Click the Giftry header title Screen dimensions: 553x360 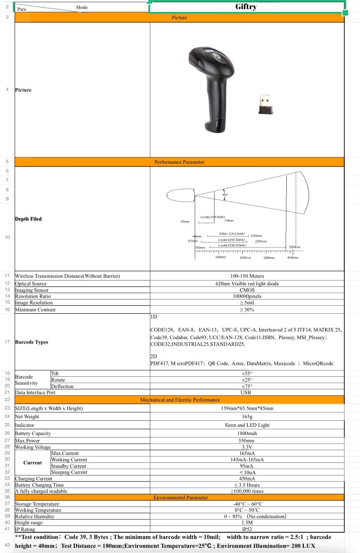pyautogui.click(x=246, y=7)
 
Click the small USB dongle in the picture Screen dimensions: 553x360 pyautogui.click(x=266, y=104)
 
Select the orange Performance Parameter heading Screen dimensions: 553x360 pyautogui.click(x=179, y=162)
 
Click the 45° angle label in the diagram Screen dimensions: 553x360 pyautogui.click(x=225, y=194)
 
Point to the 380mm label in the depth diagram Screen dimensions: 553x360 pyautogui.click(x=294, y=247)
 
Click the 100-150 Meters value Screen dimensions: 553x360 pyautogui.click(x=247, y=276)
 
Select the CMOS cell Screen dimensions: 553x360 pyautogui.click(x=247, y=290)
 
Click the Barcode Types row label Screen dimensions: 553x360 pyautogui.click(x=32, y=342)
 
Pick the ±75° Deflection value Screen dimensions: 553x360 pyautogui.click(x=247, y=386)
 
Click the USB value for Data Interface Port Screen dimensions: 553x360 pyautogui.click(x=246, y=392)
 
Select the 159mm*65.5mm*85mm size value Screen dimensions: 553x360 pyautogui.click(x=247, y=408)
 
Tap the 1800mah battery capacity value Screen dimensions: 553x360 pyautogui.click(x=247, y=434)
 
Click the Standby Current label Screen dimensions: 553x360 pyautogui.click(x=69, y=466)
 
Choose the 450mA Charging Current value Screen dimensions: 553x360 pyautogui.click(x=247, y=479)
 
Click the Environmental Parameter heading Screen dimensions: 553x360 pyautogui.click(x=181, y=497)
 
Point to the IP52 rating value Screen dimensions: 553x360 pyautogui.click(x=247, y=529)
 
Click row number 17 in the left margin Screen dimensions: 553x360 pyautogui.click(x=7, y=342)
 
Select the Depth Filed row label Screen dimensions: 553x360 pyautogui.click(x=28, y=219)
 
